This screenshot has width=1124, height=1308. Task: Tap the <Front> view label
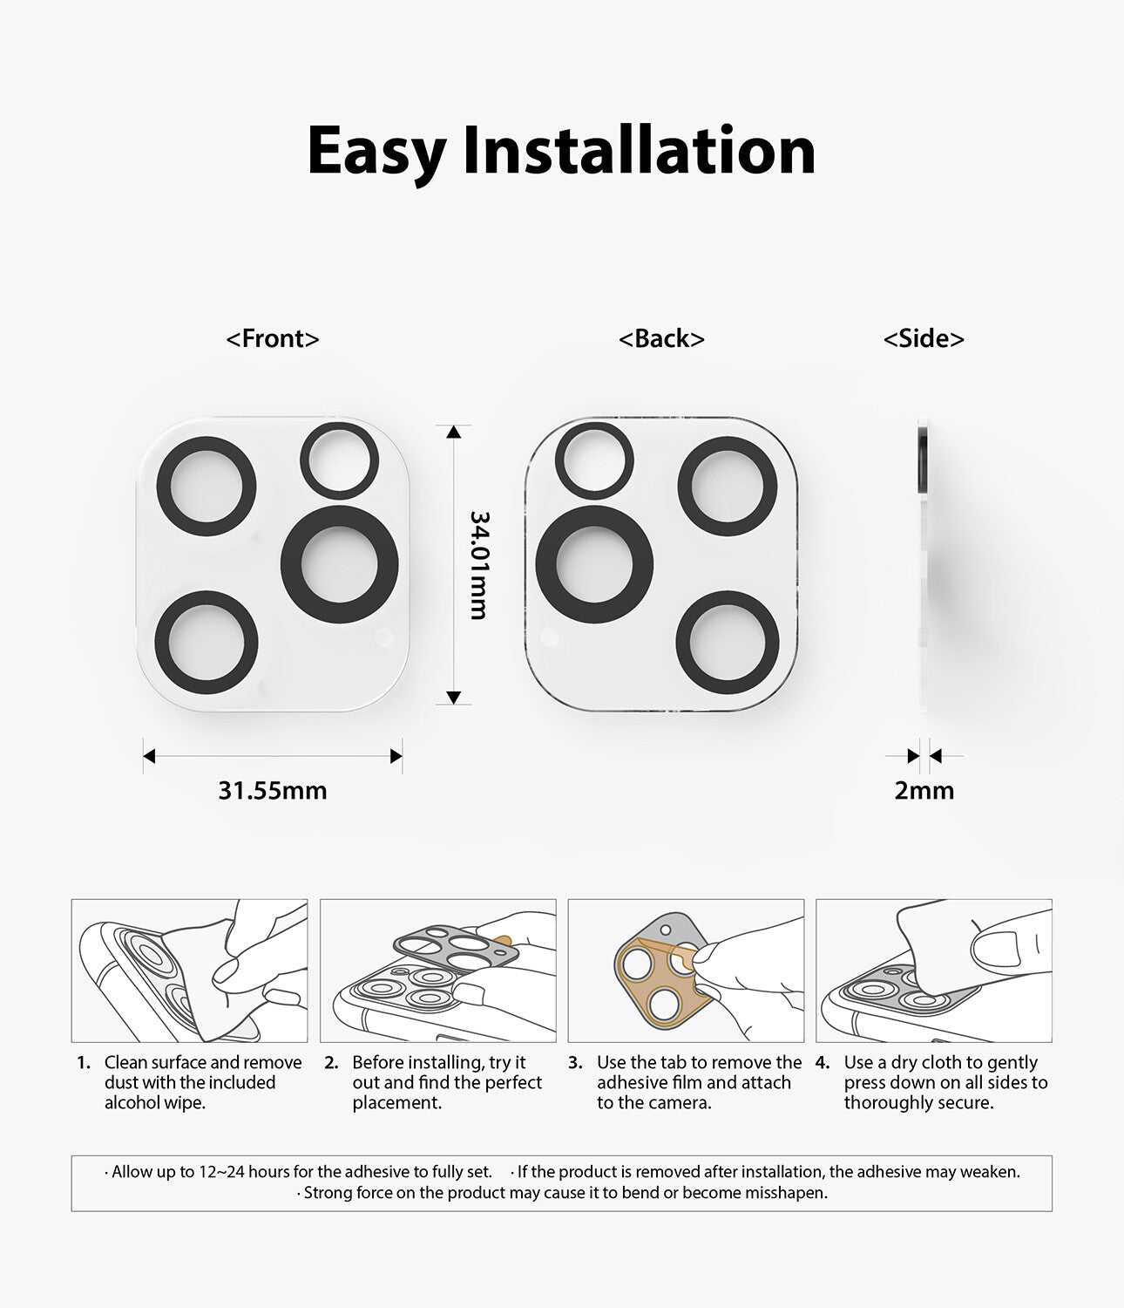click(x=273, y=338)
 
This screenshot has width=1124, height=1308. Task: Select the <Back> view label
click(x=661, y=338)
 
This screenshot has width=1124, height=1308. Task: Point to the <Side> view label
click(x=924, y=338)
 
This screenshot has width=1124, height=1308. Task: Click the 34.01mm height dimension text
click(x=478, y=565)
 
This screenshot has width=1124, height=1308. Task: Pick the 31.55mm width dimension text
click(x=273, y=791)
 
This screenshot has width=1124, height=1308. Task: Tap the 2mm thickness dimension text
click(x=924, y=791)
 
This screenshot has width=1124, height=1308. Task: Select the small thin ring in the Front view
click(x=340, y=427)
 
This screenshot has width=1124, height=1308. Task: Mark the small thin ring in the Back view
click(x=594, y=427)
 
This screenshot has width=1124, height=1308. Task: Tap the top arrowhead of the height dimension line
click(x=453, y=432)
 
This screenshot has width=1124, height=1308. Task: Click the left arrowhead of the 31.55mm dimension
click(x=149, y=756)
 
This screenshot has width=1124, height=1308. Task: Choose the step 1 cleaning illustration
click(x=190, y=971)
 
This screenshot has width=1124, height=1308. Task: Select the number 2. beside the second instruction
click(x=331, y=1062)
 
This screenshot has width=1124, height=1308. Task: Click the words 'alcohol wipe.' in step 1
click(x=155, y=1102)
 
